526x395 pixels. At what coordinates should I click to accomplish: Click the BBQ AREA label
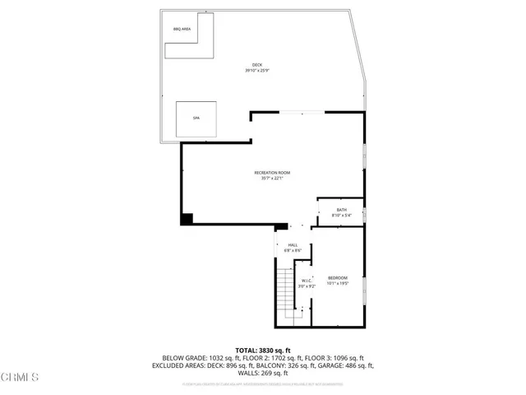pyautogui.click(x=182, y=30)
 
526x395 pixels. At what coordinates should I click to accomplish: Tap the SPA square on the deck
pyautogui.click(x=196, y=119)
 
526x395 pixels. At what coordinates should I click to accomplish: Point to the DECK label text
pyautogui.click(x=256, y=65)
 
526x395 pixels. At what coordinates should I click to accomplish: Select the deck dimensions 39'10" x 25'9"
pyautogui.click(x=256, y=71)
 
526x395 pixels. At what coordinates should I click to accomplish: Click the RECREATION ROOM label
pyautogui.click(x=272, y=172)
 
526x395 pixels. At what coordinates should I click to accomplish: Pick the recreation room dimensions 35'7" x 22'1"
pyautogui.click(x=272, y=178)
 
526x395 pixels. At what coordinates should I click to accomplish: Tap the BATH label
pyautogui.click(x=341, y=210)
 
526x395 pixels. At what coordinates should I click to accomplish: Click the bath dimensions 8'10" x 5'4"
pyautogui.click(x=341, y=216)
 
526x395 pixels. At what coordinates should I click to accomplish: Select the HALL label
pyautogui.click(x=293, y=244)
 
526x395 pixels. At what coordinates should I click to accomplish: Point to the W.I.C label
pyautogui.click(x=306, y=281)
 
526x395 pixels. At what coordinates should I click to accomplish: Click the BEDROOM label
pyautogui.click(x=338, y=277)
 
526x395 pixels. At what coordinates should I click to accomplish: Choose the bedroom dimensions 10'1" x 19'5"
pyautogui.click(x=338, y=283)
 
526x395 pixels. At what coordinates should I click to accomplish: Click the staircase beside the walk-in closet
pyautogui.click(x=286, y=292)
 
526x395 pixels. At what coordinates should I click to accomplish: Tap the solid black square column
pyautogui.click(x=187, y=218)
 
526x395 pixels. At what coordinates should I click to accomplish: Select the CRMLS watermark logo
pyautogui.click(x=21, y=377)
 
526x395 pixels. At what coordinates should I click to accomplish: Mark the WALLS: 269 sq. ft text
pyautogui.click(x=262, y=374)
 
